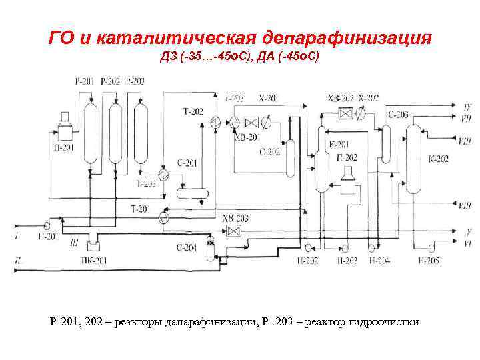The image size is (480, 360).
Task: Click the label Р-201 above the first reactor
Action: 85,81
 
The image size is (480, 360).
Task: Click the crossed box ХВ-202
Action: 345,113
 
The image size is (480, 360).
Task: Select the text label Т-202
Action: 192,111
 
